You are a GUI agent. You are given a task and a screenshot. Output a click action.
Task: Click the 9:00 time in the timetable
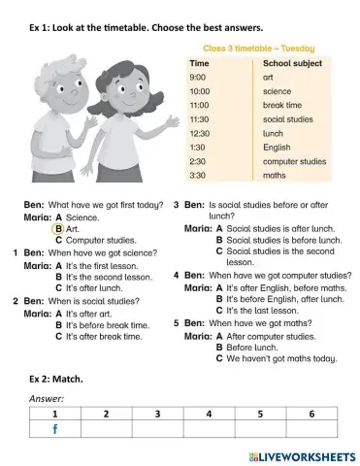tap(198, 76)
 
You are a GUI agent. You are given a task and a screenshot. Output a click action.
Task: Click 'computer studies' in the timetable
tap(295, 160)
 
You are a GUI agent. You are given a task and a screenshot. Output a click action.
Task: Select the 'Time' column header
tap(199, 61)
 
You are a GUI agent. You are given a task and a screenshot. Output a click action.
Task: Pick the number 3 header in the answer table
tap(156, 414)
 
